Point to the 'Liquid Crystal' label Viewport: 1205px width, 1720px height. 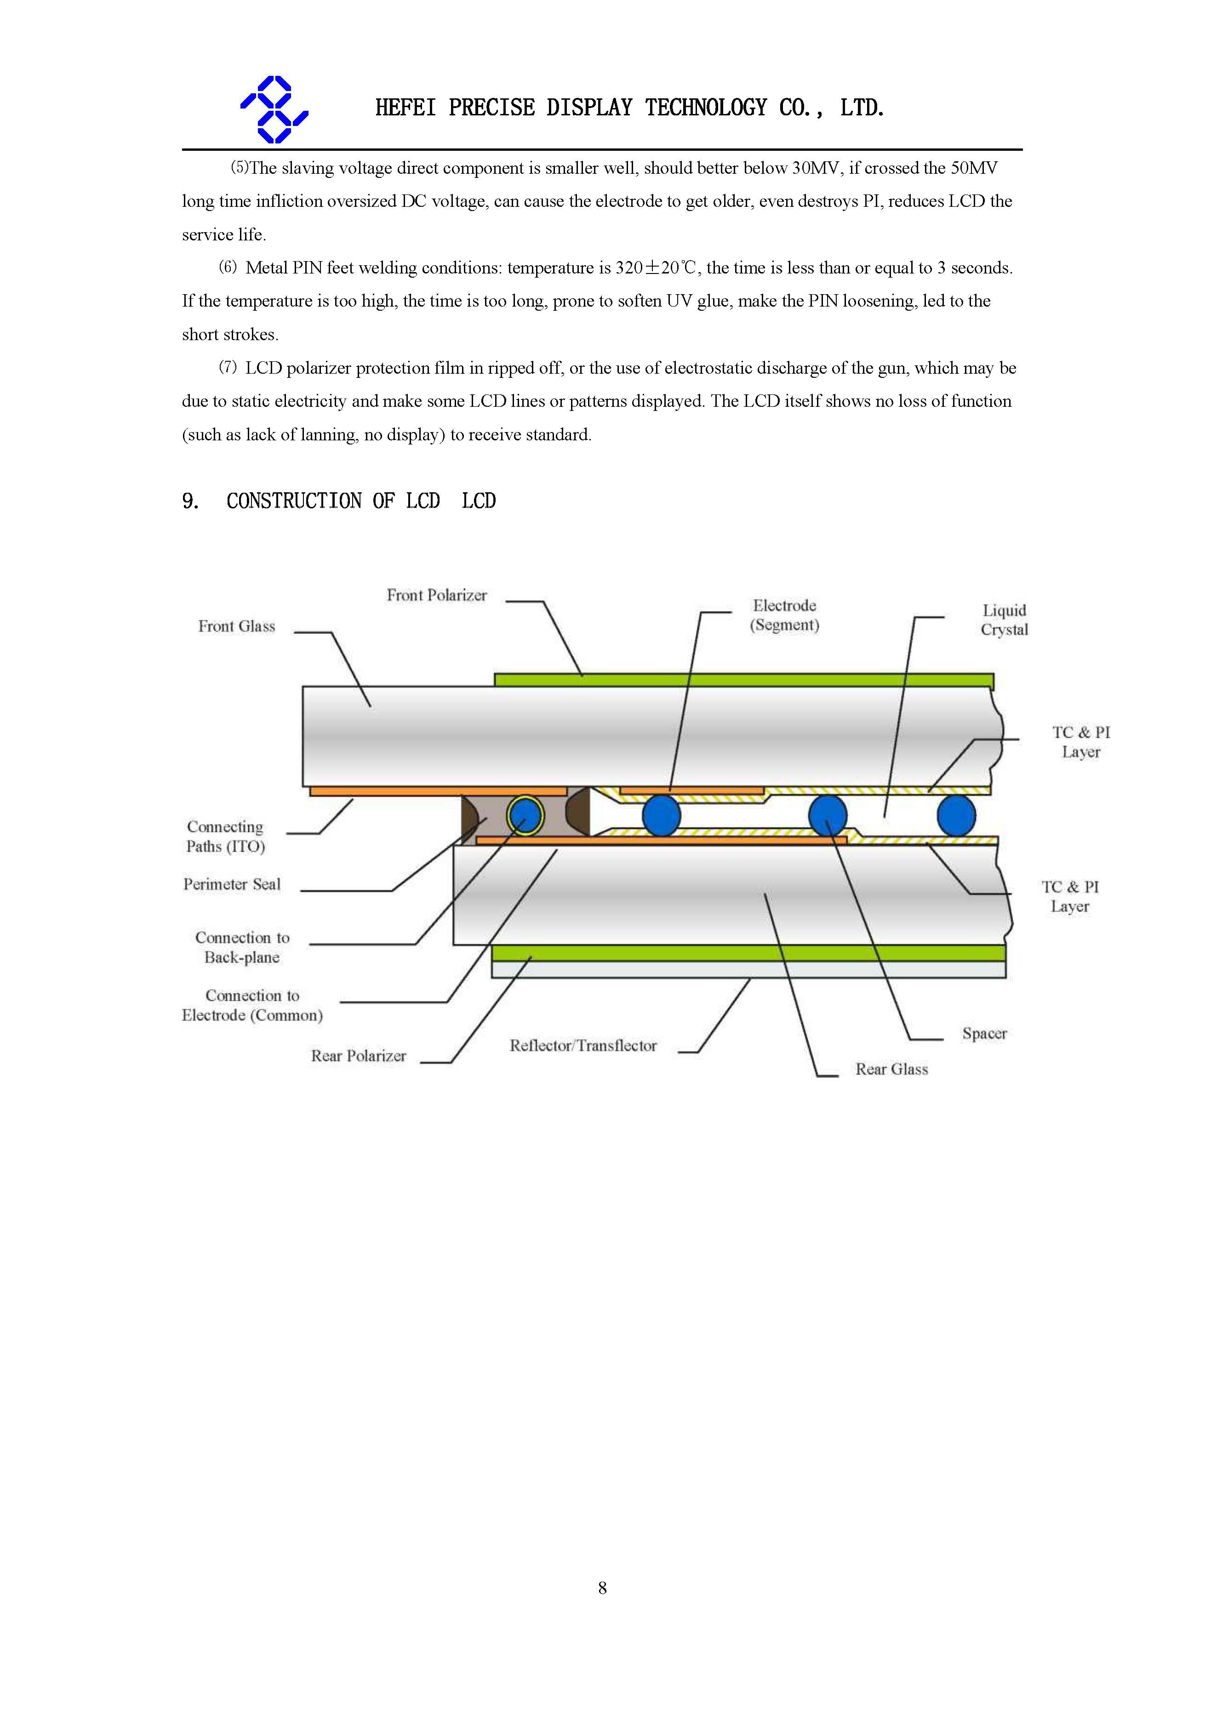tap(1004, 620)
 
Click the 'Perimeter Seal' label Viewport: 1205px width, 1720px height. tap(232, 884)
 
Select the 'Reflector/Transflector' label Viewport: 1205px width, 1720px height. tap(583, 1046)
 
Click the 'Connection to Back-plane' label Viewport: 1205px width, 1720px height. tap(242, 947)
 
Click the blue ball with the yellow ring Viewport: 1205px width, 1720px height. tap(525, 815)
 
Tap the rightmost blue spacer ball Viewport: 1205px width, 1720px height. tap(956, 815)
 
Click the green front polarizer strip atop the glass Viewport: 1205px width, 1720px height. tap(742, 679)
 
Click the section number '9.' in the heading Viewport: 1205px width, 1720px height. tap(190, 501)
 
